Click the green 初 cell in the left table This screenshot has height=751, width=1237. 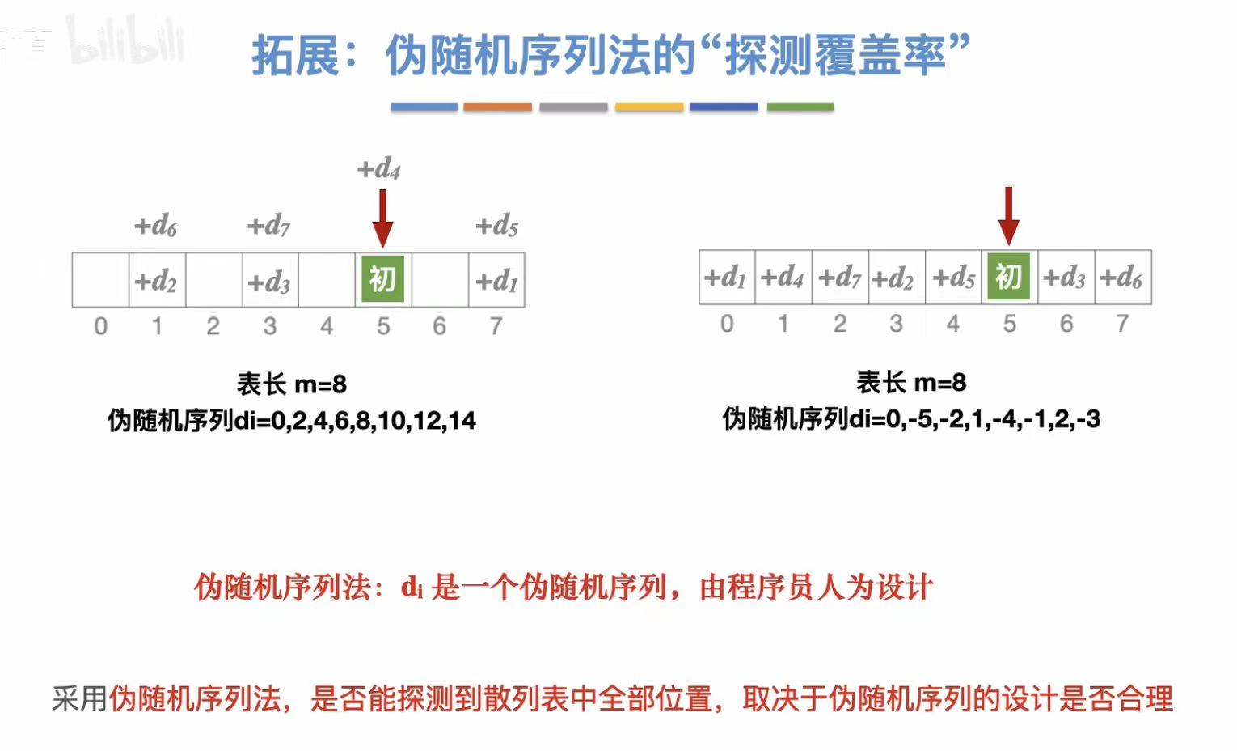[382, 279]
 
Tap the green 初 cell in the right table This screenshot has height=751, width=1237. [1008, 278]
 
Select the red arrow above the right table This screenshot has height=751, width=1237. [1008, 215]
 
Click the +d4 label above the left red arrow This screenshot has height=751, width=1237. [379, 168]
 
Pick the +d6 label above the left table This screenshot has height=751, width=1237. [155, 226]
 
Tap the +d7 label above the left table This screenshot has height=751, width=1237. [268, 226]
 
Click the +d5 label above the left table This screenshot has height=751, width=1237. [496, 226]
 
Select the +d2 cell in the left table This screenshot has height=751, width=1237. [156, 281]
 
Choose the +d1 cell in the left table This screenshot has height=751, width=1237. [496, 281]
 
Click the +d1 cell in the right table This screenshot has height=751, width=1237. [725, 278]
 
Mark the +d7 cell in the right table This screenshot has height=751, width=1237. [839, 278]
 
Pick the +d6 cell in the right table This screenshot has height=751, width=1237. [1121, 278]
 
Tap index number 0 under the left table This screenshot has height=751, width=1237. [100, 326]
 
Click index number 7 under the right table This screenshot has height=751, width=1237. [1122, 324]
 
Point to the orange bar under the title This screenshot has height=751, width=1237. [497, 107]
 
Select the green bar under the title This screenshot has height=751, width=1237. [800, 107]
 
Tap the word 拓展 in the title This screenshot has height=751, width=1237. [293, 55]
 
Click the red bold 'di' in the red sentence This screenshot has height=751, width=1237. [412, 588]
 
